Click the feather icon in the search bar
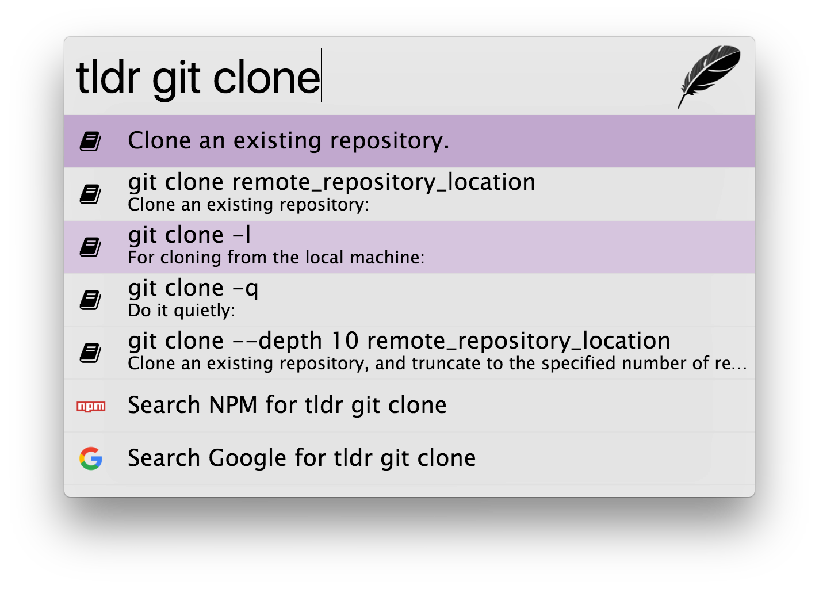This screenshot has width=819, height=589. [709, 75]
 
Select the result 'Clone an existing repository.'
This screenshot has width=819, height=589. [288, 141]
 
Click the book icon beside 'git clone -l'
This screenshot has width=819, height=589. [90, 247]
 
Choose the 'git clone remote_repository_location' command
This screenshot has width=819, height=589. [331, 182]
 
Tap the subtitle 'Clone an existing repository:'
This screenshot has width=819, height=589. [248, 205]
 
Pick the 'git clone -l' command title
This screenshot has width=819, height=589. [189, 235]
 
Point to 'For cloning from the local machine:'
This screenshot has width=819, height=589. [276, 258]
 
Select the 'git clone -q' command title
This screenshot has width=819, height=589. [193, 288]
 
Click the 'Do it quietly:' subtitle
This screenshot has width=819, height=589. [181, 311]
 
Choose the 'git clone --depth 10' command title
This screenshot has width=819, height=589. [399, 341]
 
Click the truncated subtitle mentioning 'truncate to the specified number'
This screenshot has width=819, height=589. [437, 364]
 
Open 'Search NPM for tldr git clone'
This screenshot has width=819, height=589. [287, 406]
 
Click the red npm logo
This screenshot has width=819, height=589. [91, 407]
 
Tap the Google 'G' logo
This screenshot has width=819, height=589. [91, 458]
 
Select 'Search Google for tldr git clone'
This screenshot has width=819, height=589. [301, 458]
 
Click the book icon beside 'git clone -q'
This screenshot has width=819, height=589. [90, 300]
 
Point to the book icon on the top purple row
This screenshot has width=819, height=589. [90, 141]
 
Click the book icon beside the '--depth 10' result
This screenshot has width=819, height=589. [90, 353]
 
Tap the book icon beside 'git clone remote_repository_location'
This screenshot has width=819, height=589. [90, 194]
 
